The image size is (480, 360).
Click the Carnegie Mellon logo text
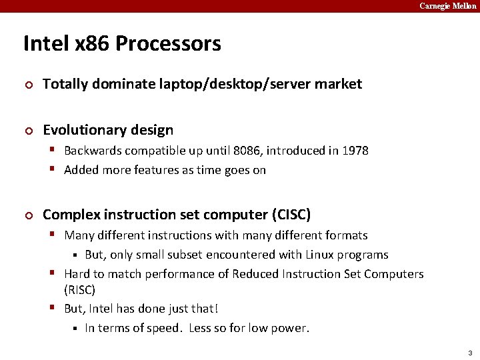tap(448, 6)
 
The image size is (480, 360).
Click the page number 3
tap(469, 353)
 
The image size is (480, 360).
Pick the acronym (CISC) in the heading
tap(291, 215)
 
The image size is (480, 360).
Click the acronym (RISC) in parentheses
tap(79, 290)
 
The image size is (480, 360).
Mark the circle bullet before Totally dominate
tap(27, 85)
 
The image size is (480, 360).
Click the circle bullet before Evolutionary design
tap(27, 131)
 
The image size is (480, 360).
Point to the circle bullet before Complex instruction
tap(27, 215)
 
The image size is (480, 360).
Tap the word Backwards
tap(93, 151)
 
